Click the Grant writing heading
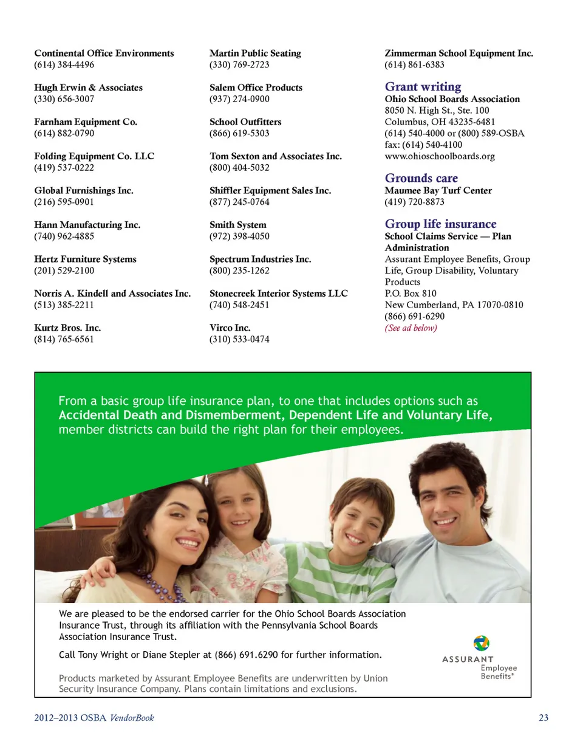click(423, 87)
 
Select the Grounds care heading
click(421, 178)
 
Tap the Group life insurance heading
click(440, 224)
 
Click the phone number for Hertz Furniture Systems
click(64, 271)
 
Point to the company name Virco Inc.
click(230, 328)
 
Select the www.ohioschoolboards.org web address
click(439, 156)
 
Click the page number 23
click(544, 718)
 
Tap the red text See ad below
click(411, 328)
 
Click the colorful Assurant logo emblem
click(481, 643)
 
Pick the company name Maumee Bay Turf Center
click(438, 190)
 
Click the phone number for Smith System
click(239, 236)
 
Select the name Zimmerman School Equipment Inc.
click(459, 53)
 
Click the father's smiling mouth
click(446, 521)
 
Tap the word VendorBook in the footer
click(132, 718)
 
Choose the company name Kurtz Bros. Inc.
click(67, 328)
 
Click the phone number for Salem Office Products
click(239, 99)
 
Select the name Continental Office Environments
click(104, 53)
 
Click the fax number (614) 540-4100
click(432, 145)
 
